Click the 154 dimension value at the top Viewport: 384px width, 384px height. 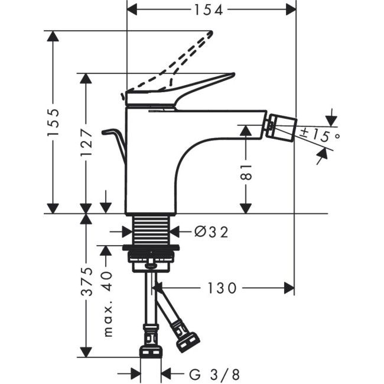[x=211, y=10]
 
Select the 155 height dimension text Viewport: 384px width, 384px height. [x=54, y=123]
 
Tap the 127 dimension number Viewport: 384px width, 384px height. [x=87, y=142]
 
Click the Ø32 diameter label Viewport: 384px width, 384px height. [x=211, y=232]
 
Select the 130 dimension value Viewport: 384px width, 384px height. [x=222, y=288]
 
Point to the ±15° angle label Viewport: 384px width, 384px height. [x=320, y=136]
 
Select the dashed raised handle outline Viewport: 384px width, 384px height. [x=177, y=59]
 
